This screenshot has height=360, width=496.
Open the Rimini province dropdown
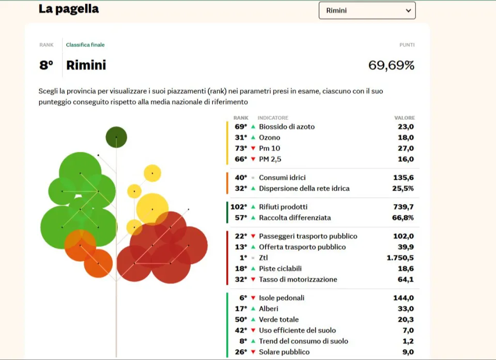click(367, 10)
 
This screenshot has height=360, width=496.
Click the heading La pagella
click(69, 9)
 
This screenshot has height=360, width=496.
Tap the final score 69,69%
click(391, 65)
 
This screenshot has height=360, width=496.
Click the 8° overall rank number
click(47, 65)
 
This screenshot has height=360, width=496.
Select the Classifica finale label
click(85, 45)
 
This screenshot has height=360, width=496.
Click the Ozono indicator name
click(269, 137)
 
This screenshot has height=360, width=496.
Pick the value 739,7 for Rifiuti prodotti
click(404, 207)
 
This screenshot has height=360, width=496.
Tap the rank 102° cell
click(239, 207)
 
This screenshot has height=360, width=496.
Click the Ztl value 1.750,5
click(400, 258)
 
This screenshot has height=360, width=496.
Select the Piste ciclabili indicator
click(280, 269)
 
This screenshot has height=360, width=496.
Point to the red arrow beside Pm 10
click(253, 148)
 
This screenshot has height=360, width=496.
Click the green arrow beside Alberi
click(253, 309)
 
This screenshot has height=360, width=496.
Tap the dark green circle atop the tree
click(116, 137)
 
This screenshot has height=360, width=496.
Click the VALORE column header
click(405, 118)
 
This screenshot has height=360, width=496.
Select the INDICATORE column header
click(273, 118)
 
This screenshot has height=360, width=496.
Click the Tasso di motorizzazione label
click(298, 279)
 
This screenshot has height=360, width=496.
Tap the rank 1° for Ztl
click(243, 258)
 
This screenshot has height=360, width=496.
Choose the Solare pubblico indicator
click(284, 352)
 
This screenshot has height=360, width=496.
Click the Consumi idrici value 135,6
click(404, 178)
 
